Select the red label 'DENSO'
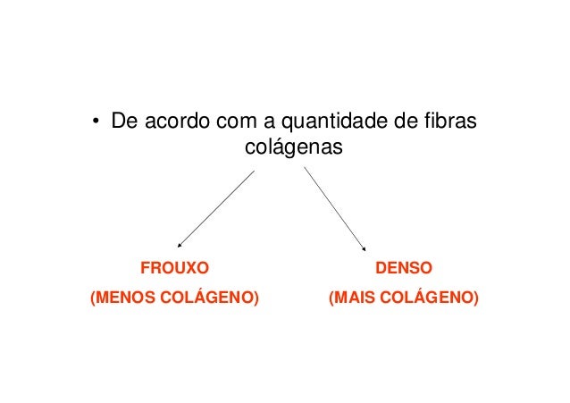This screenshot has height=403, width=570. (x=405, y=267)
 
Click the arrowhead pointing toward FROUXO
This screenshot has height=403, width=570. (x=180, y=243)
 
